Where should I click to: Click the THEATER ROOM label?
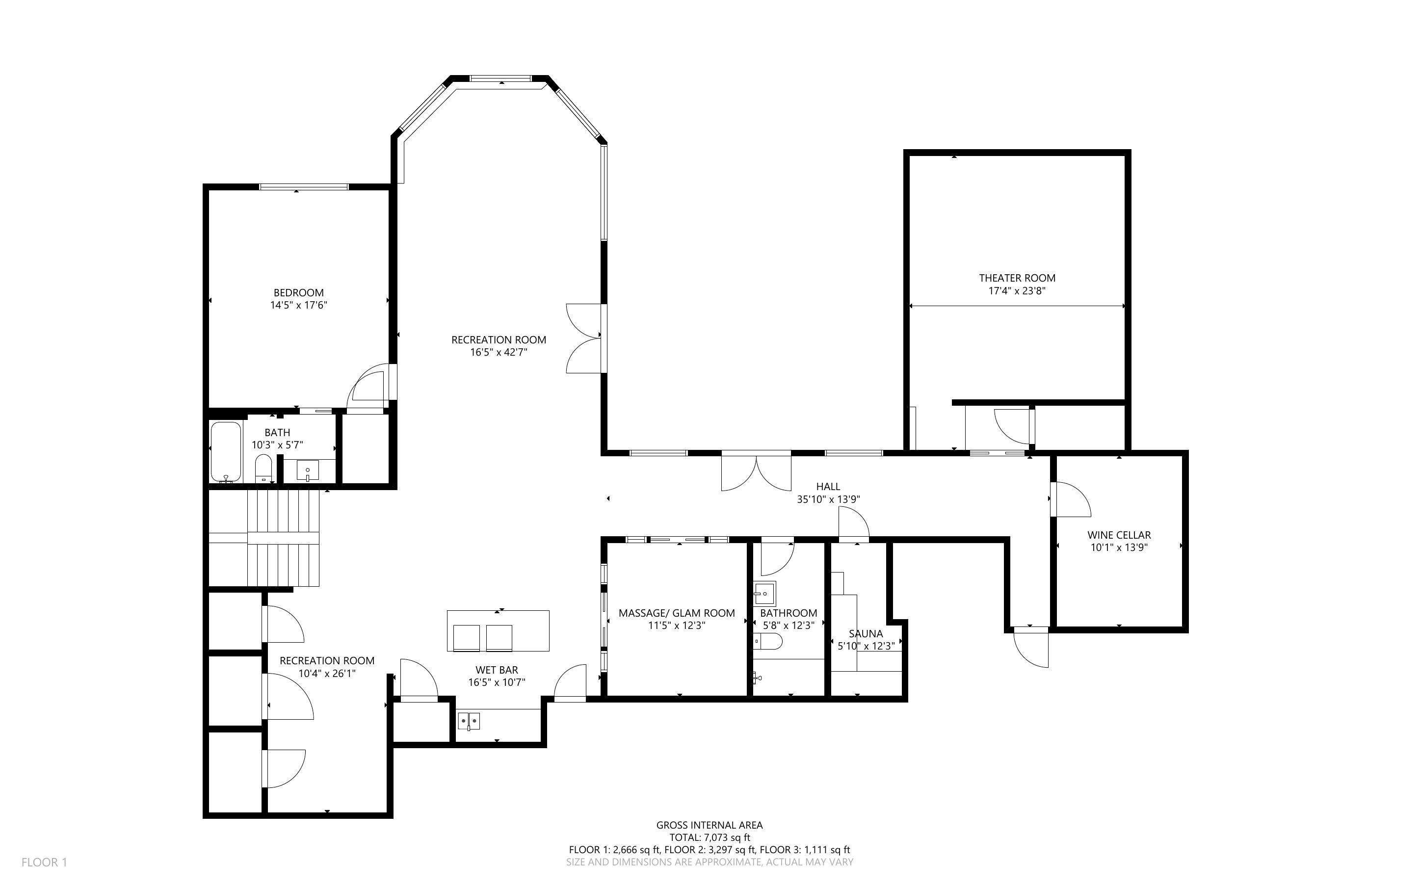(x=1017, y=278)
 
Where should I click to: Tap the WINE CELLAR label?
(x=1119, y=535)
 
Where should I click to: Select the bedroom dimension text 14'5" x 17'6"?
(x=298, y=305)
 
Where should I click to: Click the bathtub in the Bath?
(x=226, y=452)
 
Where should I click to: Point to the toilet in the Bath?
(x=264, y=468)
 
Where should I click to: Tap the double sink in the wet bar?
(x=469, y=720)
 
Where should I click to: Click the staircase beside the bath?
(x=283, y=538)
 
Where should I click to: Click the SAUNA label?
(x=866, y=633)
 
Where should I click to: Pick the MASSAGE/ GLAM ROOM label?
(x=676, y=613)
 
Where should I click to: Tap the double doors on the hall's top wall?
(x=756, y=473)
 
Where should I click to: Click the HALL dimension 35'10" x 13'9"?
(x=828, y=500)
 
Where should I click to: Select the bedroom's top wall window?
(x=304, y=187)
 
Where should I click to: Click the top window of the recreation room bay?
(x=500, y=78)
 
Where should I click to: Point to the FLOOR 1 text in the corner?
(x=45, y=862)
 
